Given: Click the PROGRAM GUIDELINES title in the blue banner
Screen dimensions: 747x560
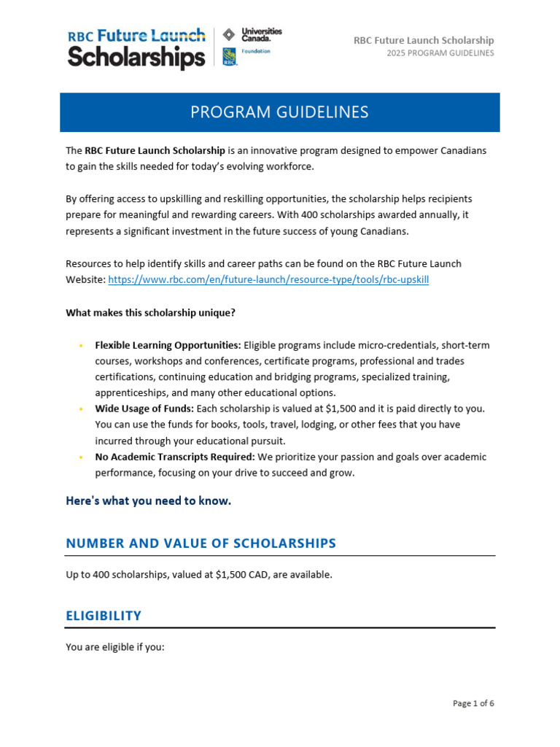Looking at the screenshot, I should click(279, 112).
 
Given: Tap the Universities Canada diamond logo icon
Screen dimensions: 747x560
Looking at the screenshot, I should click(229, 34).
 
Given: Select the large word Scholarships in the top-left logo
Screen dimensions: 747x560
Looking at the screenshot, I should click(136, 56).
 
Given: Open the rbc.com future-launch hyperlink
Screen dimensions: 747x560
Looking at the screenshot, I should click(268, 279).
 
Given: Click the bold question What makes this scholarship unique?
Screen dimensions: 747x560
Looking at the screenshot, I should click(151, 313).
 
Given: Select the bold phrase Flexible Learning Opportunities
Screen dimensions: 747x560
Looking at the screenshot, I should click(168, 345).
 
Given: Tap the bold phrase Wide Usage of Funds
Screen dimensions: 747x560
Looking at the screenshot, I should click(143, 409).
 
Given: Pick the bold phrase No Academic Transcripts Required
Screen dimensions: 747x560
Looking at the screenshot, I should click(174, 457).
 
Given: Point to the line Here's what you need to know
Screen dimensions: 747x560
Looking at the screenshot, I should click(148, 500).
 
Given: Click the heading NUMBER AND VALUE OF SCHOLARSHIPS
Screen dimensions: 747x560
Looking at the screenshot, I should click(201, 543).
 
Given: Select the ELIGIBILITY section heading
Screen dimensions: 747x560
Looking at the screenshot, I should click(104, 616).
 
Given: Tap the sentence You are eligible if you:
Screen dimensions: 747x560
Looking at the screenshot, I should click(115, 646).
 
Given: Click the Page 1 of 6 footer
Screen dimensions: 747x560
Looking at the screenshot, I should click(473, 704).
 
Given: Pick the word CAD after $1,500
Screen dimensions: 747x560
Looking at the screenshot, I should click(257, 575).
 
